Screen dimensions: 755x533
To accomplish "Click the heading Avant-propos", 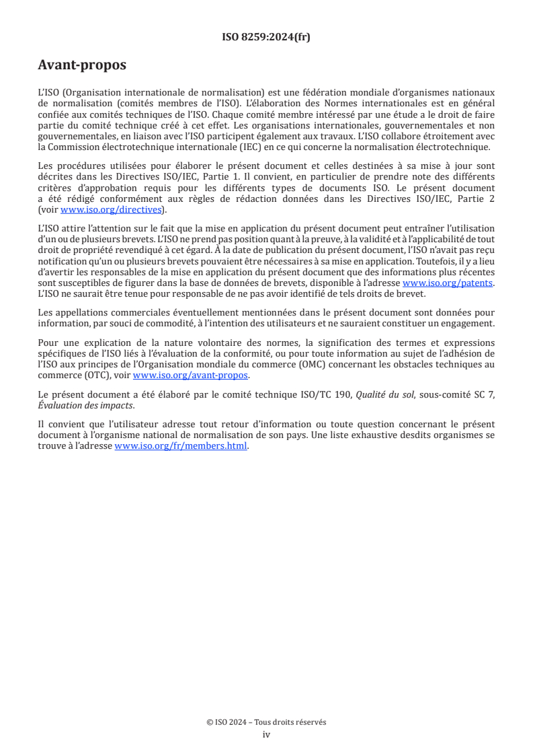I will coord(82,65).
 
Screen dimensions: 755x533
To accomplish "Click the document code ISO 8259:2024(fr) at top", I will coord(266,37).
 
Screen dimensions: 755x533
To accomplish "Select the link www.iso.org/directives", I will coord(111,209).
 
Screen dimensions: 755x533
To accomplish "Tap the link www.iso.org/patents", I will coord(448,283).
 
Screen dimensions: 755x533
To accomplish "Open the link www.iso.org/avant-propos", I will coord(190,375).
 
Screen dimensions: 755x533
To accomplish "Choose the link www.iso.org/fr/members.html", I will coord(181,445).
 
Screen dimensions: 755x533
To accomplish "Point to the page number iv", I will coord(266,734).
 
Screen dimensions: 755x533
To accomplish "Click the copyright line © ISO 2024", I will coord(266,722).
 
